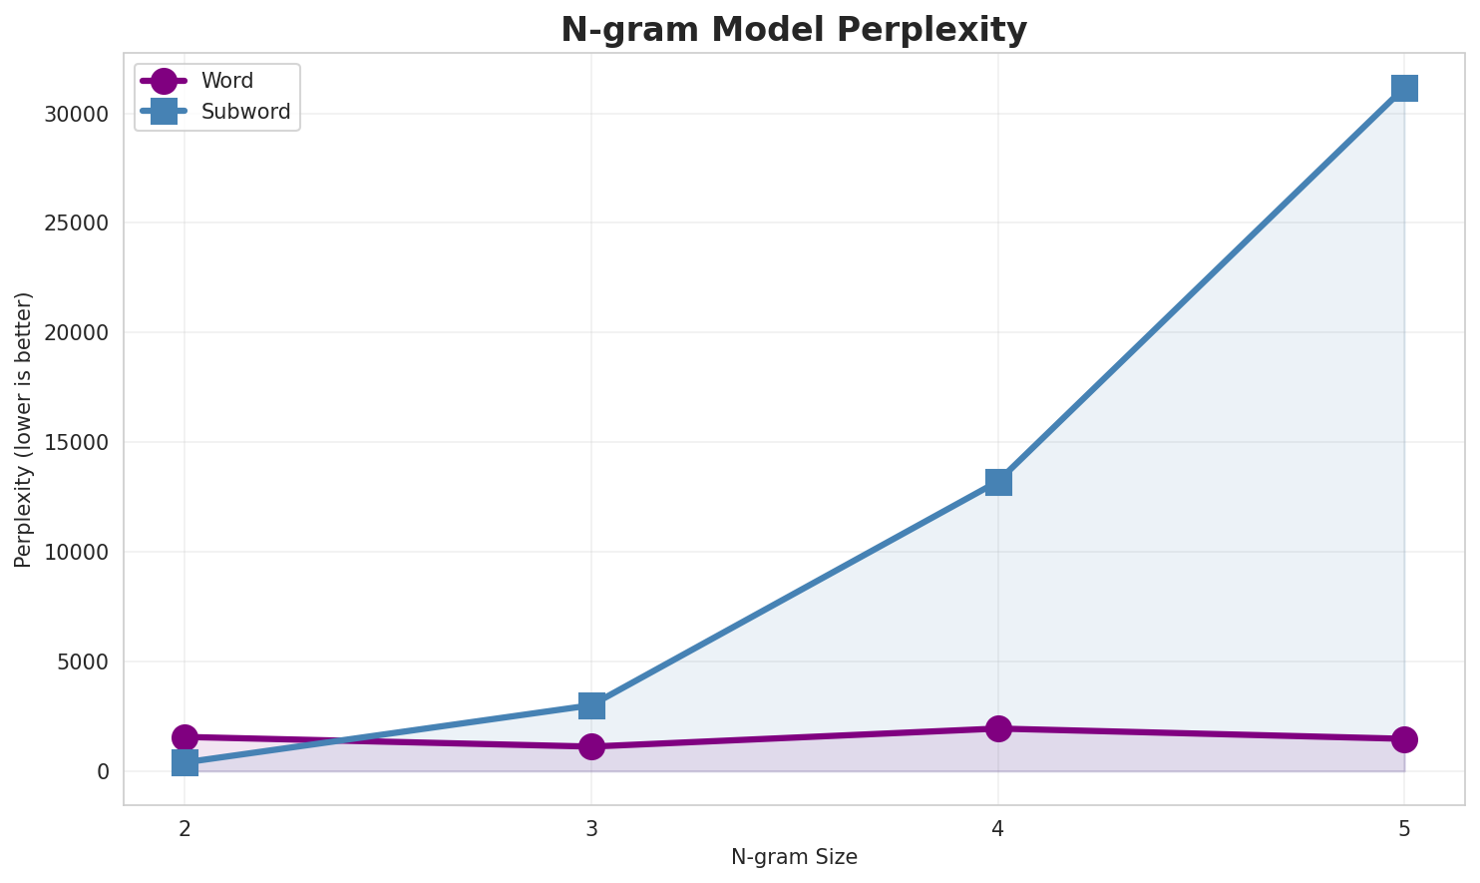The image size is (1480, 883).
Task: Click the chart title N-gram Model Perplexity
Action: click(x=793, y=30)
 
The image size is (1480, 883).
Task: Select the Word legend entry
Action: click(x=226, y=81)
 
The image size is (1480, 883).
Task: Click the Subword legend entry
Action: click(x=245, y=112)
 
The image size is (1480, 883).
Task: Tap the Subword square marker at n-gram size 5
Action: click(x=1404, y=88)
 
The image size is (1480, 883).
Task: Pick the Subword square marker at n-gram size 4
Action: click(x=998, y=482)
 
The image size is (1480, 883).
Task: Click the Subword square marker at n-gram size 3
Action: click(x=591, y=705)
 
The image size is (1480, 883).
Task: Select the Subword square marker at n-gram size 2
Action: click(x=185, y=763)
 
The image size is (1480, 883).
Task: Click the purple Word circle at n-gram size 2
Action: click(x=185, y=737)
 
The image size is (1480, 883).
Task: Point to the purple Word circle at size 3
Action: click(x=591, y=746)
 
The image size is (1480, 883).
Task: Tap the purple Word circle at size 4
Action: click(x=998, y=728)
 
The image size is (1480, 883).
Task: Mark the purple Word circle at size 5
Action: click(x=1404, y=739)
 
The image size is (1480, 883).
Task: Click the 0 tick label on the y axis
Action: click(x=103, y=771)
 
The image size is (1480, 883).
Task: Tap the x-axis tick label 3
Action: click(x=591, y=828)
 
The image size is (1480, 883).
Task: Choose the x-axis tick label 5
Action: click(x=1404, y=828)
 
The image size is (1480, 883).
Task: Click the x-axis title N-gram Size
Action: click(x=794, y=857)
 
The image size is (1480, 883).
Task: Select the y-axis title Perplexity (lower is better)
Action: click(x=24, y=429)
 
